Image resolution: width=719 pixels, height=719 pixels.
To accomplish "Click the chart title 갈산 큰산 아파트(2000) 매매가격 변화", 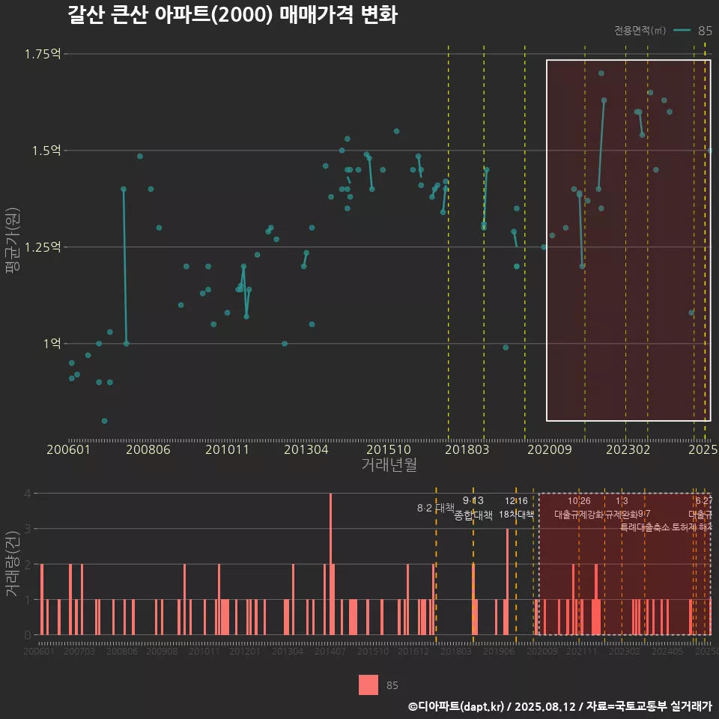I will click(x=232, y=16).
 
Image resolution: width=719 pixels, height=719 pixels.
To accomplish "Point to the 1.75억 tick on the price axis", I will click(x=42, y=54).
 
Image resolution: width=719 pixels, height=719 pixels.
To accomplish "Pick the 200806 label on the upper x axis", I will click(x=148, y=450).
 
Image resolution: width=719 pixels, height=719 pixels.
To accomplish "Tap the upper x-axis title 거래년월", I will click(x=389, y=465).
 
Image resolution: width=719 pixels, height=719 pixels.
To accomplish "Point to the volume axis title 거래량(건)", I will click(x=13, y=564).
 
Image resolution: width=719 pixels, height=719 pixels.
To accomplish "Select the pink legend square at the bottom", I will click(x=368, y=685).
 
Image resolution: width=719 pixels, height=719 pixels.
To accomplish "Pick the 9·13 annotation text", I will click(x=473, y=501).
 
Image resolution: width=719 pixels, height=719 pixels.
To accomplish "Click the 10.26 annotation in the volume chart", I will click(x=579, y=501).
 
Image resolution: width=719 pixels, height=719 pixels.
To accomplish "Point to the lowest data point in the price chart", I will click(x=104, y=421).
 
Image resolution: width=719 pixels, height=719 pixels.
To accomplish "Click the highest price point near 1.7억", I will click(x=601, y=73).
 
